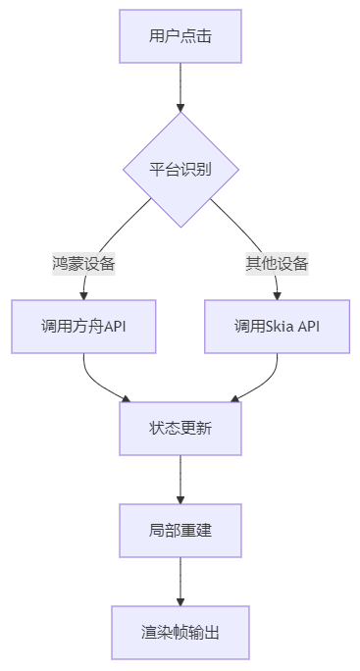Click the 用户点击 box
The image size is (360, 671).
[180, 36]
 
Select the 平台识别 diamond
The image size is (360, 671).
[180, 169]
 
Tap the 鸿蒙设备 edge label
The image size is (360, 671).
[83, 263]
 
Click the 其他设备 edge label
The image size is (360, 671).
[277, 263]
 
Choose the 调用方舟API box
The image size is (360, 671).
[83, 326]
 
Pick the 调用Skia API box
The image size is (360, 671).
[277, 326]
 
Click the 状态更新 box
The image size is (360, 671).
[180, 428]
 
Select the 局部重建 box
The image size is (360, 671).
[180, 530]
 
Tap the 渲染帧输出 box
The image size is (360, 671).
[180, 632]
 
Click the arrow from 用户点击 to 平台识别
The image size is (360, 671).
[180, 83]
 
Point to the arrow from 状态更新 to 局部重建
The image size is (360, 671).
[180, 479]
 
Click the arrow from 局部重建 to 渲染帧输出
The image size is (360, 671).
[180, 581]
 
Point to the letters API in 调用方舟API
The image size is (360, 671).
[114, 326]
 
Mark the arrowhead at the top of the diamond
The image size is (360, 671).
[180, 107]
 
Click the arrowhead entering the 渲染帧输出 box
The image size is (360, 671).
[180, 601]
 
